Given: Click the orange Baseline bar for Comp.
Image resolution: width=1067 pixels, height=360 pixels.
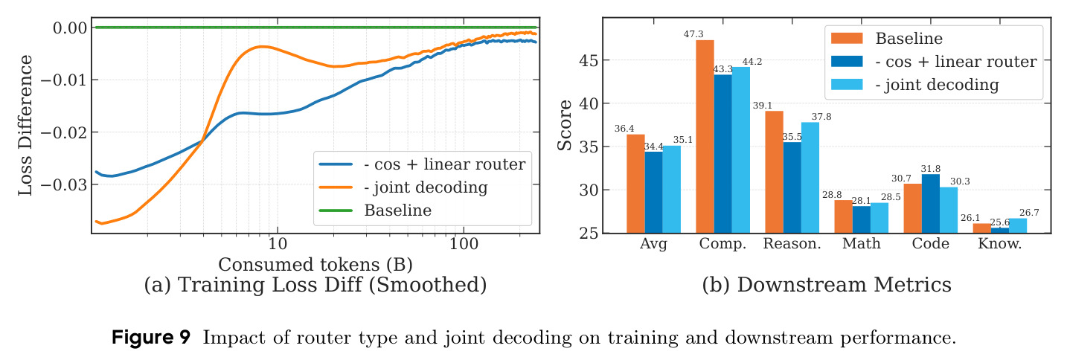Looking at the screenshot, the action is pos(705,137).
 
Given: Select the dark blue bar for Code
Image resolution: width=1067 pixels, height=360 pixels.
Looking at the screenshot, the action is pos(931,204).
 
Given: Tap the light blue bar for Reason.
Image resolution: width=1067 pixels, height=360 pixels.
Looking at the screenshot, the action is pos(810,178).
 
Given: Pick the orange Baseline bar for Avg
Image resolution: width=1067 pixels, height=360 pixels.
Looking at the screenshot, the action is pos(635,184).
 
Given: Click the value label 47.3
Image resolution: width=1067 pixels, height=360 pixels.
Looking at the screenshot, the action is pos(693,33).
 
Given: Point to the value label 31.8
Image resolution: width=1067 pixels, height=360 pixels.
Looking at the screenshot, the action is pos(930,169).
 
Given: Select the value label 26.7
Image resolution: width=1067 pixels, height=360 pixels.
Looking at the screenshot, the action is pos(1029,213).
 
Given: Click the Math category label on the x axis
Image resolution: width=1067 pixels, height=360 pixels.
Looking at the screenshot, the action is pos(861,243).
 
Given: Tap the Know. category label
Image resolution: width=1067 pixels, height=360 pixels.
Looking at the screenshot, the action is pos(1000,243).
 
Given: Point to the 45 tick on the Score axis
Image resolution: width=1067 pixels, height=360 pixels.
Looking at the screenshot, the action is pos(589,60).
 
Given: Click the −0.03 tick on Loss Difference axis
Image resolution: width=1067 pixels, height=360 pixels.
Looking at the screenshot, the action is pos(64,184).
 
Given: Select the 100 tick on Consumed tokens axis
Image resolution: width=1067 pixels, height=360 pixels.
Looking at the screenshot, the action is pos(464,244).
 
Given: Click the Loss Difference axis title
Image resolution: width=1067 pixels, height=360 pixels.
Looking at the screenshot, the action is pos(25,125).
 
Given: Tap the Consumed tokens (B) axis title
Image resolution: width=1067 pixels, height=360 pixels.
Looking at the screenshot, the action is pos(315,264).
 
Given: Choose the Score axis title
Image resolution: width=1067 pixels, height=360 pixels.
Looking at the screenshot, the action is pos(565,125).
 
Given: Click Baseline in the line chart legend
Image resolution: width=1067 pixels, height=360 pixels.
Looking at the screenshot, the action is pos(398,210).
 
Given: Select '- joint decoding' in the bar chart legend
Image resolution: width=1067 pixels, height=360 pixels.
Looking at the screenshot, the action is pos(937,85).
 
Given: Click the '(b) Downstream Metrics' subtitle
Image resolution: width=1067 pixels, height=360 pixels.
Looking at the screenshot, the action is pos(827,285).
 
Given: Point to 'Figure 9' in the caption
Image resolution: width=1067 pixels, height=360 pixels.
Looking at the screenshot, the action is pos(150,337).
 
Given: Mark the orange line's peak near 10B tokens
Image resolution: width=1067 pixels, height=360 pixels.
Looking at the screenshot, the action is pos(262,46).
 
